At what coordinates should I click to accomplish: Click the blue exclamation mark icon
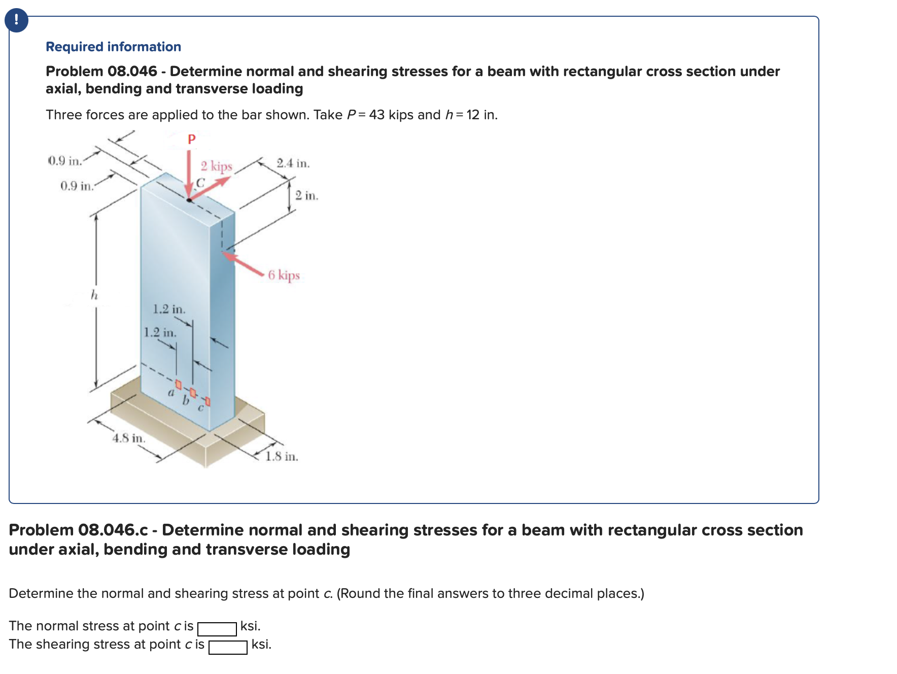pyautogui.click(x=16, y=20)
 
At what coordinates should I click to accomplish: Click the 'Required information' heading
pyautogui.click(x=113, y=47)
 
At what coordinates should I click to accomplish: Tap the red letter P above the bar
pyautogui.click(x=191, y=139)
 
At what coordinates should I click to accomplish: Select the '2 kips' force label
pyautogui.click(x=216, y=166)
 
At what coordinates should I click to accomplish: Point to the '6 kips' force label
pyautogui.click(x=284, y=275)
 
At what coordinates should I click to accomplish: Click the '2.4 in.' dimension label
pyautogui.click(x=293, y=163)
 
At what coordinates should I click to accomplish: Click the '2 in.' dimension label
pyautogui.click(x=306, y=195)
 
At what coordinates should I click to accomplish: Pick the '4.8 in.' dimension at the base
pyautogui.click(x=128, y=438)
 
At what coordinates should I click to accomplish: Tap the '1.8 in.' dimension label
pyautogui.click(x=282, y=456)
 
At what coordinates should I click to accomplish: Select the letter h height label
pyautogui.click(x=94, y=295)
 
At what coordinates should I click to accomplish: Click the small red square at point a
pyautogui.click(x=178, y=384)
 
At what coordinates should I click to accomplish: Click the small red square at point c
pyautogui.click(x=208, y=402)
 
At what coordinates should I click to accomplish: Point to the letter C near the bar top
pyautogui.click(x=200, y=183)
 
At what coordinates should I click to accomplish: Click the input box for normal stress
pyautogui.click(x=217, y=629)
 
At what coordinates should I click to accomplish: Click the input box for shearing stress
pyautogui.click(x=228, y=647)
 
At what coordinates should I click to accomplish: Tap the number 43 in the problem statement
pyautogui.click(x=376, y=115)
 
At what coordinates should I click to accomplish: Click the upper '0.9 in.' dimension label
pyautogui.click(x=64, y=161)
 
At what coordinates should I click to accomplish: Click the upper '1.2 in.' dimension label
pyautogui.click(x=169, y=309)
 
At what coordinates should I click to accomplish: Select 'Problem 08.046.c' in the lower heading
pyautogui.click(x=78, y=530)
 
